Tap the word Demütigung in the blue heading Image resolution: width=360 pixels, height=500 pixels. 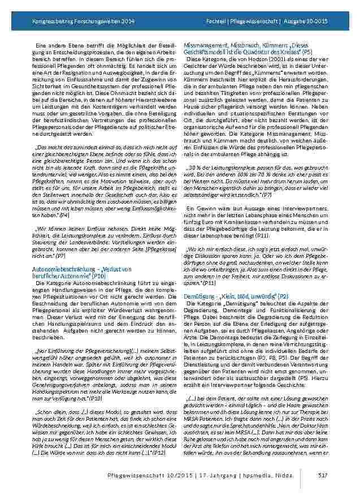click(x=201, y=296)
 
